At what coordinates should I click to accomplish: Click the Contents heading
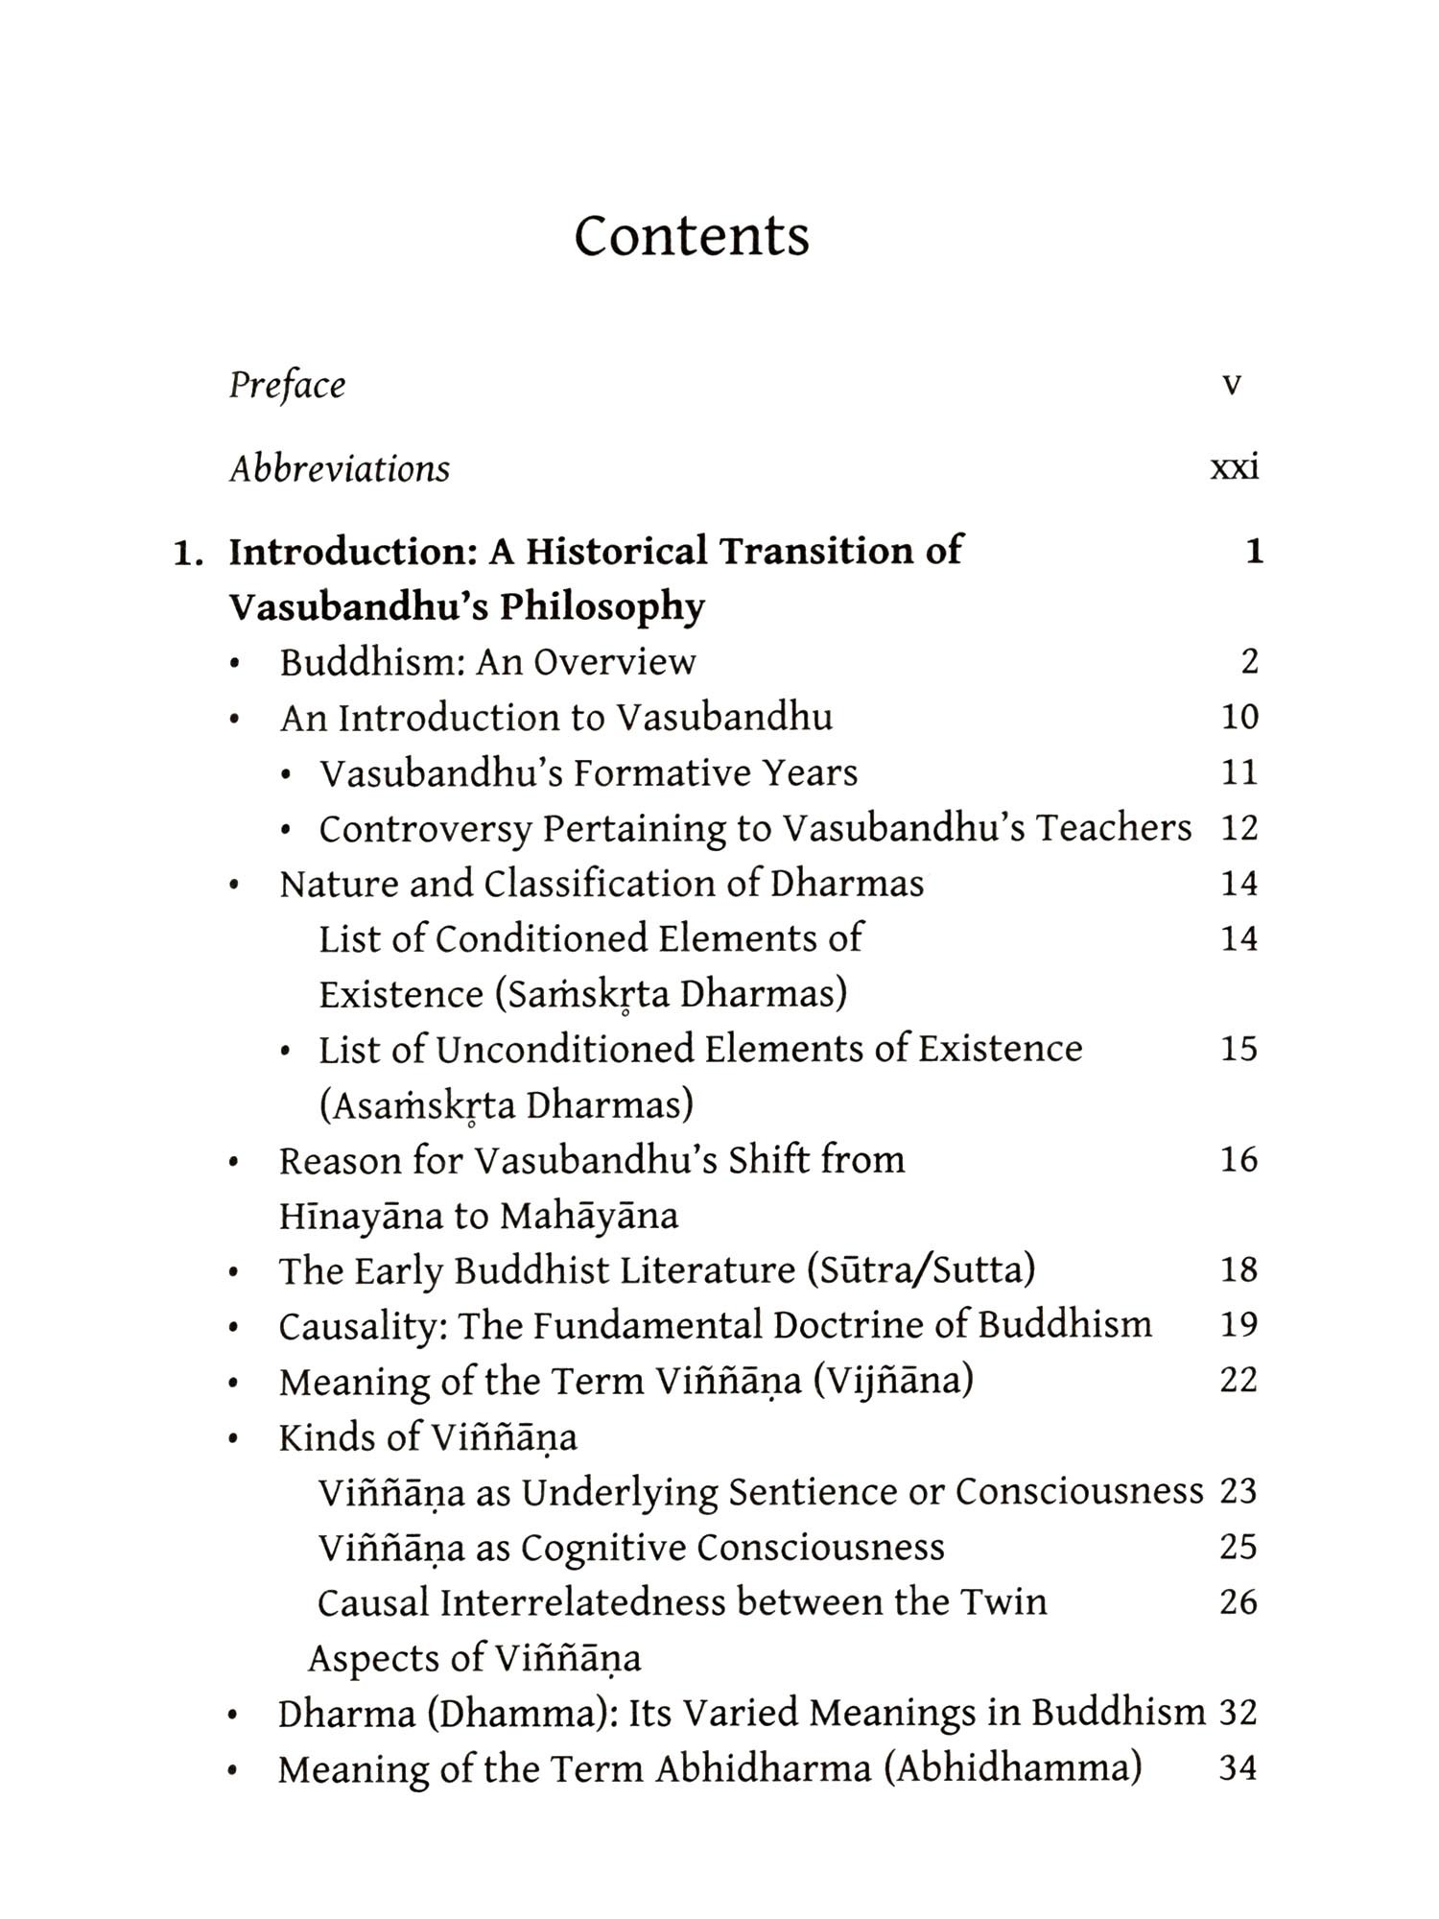tap(692, 235)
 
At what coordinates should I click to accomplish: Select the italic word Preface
tap(287, 386)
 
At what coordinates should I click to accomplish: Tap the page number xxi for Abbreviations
tap(1235, 468)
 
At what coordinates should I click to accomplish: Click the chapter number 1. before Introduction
tap(188, 553)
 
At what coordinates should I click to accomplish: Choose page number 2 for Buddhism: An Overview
tap(1249, 661)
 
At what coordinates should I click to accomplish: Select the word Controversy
tap(425, 829)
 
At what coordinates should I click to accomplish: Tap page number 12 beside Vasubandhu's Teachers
tap(1239, 828)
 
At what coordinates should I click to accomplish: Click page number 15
tap(1239, 1048)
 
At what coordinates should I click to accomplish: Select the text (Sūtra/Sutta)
tap(921, 1270)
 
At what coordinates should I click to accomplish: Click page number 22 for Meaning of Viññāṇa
tap(1238, 1380)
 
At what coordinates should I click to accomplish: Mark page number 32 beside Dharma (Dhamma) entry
tap(1238, 1713)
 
